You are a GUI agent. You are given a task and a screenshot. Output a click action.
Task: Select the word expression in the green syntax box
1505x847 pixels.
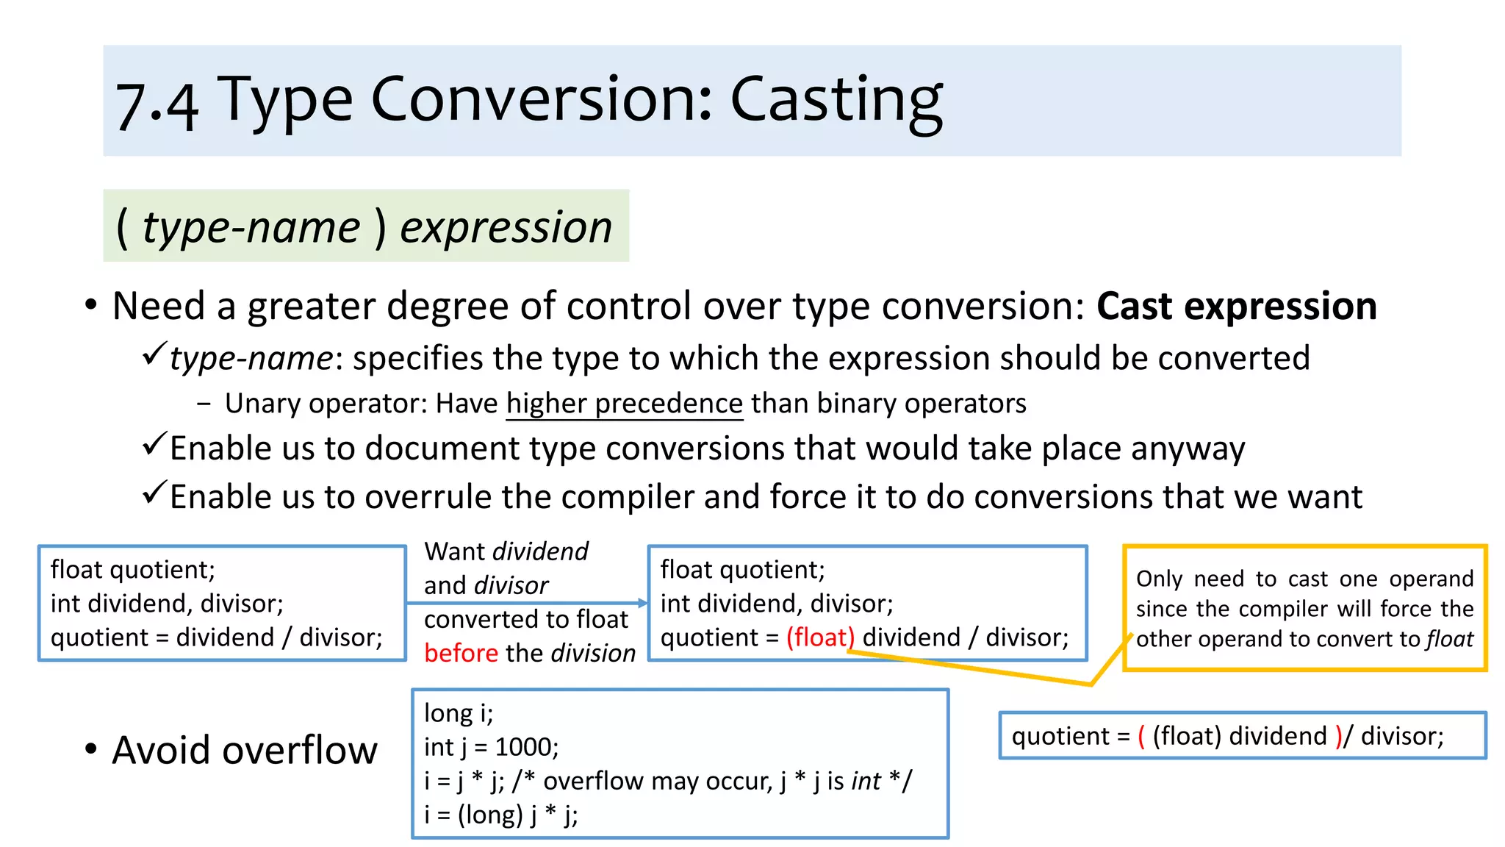click(506, 226)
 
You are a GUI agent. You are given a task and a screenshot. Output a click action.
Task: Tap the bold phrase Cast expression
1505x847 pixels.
click(1236, 306)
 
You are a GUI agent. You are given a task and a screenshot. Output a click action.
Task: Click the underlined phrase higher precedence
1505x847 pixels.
click(625, 404)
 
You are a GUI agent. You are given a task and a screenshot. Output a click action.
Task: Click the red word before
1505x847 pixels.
click(461, 653)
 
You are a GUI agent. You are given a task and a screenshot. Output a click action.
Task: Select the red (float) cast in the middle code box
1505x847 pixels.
click(820, 637)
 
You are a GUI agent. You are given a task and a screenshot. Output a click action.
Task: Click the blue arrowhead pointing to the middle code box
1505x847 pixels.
click(642, 603)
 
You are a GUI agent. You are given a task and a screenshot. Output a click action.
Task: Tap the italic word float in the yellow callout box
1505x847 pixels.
click(1449, 639)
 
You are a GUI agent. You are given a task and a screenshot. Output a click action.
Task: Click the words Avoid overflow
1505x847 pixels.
click(244, 750)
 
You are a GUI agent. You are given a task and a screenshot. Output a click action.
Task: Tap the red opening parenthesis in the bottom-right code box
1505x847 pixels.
click(1141, 736)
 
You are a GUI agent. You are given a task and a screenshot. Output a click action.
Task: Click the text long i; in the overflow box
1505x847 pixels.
click(459, 713)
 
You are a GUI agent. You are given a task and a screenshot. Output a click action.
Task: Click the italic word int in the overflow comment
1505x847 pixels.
click(866, 781)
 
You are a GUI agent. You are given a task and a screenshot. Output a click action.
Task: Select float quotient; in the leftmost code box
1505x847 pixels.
click(132, 570)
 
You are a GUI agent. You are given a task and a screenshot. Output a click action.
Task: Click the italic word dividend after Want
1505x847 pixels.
click(540, 551)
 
